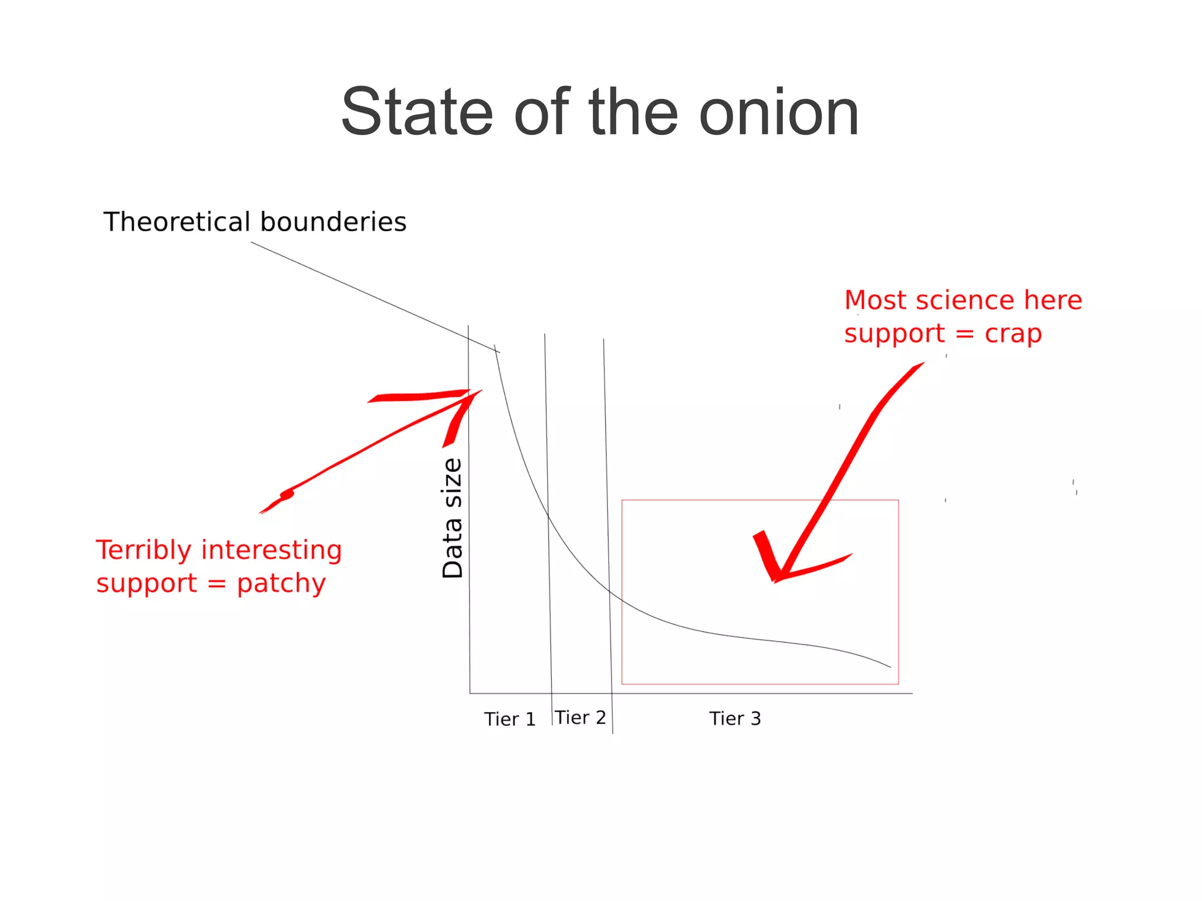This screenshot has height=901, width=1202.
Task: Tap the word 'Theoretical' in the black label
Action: point(177,222)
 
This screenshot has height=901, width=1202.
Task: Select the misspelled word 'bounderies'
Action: point(333,222)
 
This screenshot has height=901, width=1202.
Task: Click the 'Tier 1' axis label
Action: point(509,719)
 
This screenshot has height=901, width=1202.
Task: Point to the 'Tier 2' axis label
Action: point(580,717)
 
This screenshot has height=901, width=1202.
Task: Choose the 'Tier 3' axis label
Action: point(735,718)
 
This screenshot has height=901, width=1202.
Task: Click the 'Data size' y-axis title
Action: point(453,518)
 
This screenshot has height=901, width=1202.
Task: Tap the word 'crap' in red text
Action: point(1013,334)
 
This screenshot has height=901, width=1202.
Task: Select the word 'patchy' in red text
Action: point(281,583)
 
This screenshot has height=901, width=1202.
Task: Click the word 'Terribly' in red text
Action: point(144,551)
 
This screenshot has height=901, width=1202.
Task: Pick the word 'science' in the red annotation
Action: point(965,300)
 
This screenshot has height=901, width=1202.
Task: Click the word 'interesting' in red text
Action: point(271,550)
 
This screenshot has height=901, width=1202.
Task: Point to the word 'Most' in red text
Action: point(875,300)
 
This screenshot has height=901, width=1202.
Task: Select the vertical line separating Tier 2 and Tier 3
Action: point(608,528)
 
